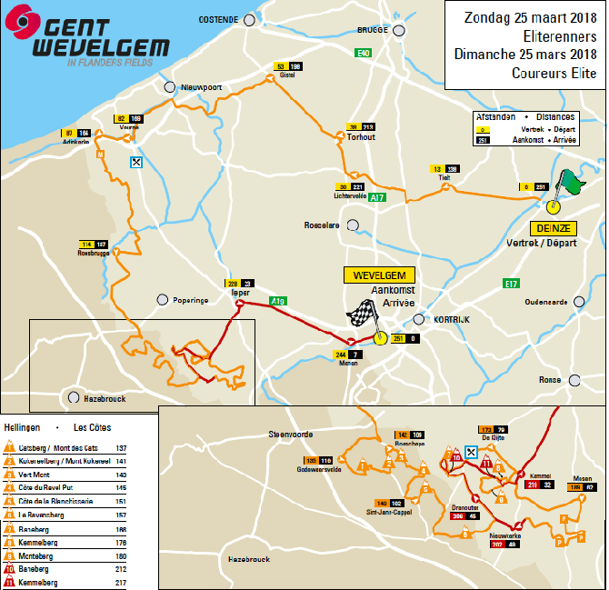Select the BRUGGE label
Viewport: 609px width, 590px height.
[373, 29]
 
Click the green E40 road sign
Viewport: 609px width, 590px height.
[364, 54]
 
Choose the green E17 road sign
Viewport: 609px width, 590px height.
[511, 284]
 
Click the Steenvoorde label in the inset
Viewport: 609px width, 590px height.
[292, 435]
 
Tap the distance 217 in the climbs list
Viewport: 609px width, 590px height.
[121, 582]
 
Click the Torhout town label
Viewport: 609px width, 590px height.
[360, 137]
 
